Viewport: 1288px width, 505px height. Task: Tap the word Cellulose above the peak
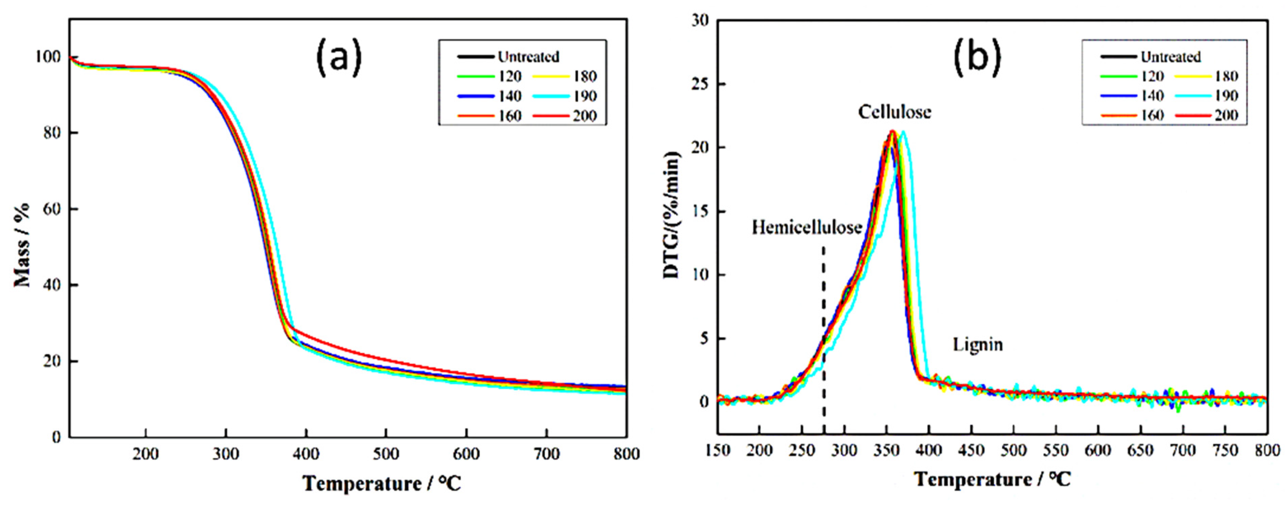click(x=895, y=112)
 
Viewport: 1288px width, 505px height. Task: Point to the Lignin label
click(x=978, y=344)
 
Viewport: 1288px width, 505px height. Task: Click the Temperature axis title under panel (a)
click(x=382, y=484)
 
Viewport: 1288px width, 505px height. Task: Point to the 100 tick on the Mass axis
click(x=47, y=57)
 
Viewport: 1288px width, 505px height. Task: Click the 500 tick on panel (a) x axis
click(x=386, y=454)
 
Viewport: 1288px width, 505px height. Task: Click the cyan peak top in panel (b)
click(x=903, y=132)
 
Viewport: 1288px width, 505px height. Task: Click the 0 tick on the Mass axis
click(x=56, y=437)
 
